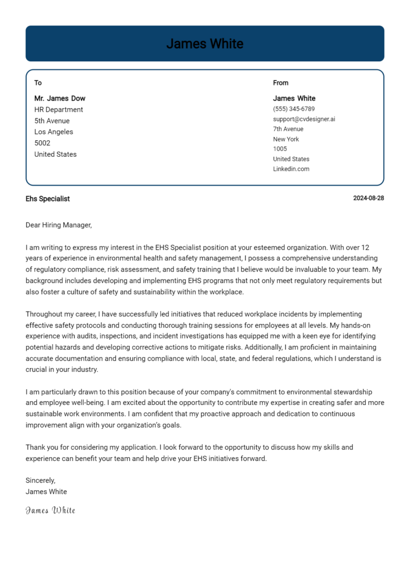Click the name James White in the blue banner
(204, 44)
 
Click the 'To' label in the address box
(38, 83)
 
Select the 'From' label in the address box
(280, 83)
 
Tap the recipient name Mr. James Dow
(60, 98)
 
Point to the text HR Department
(59, 109)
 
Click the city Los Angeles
(54, 132)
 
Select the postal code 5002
(42, 143)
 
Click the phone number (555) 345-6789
(294, 109)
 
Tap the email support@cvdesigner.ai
(304, 119)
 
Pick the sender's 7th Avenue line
(288, 129)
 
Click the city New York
(286, 139)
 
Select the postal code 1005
(280, 149)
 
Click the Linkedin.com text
(291, 169)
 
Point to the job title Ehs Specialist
(48, 198)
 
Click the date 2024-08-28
(368, 198)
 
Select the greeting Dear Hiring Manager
(59, 225)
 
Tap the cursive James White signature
(50, 510)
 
